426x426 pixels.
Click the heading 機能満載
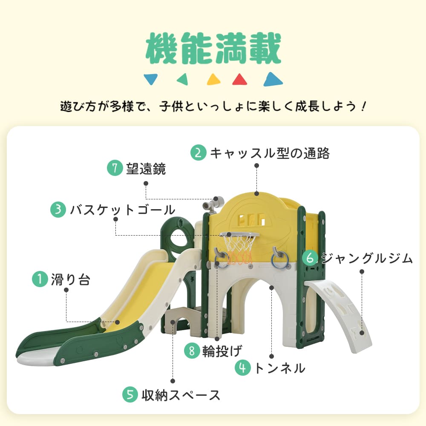tap(213, 49)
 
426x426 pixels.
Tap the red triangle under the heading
tap(240, 79)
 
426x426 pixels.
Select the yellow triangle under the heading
tap(213, 79)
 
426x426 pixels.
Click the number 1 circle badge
tap(40, 279)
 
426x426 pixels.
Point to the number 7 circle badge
tap(115, 168)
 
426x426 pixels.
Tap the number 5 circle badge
tap(130, 394)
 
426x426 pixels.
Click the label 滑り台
tap(70, 279)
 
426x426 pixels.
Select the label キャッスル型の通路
tap(270, 153)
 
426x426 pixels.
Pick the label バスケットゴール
tap(123, 210)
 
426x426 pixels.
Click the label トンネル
tap(280, 368)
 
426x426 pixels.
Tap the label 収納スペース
tap(181, 395)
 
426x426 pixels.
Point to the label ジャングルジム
tap(367, 258)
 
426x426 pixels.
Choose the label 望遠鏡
tap(146, 168)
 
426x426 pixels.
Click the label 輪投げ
tap(222, 351)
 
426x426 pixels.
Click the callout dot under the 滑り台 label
tap(66, 290)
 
